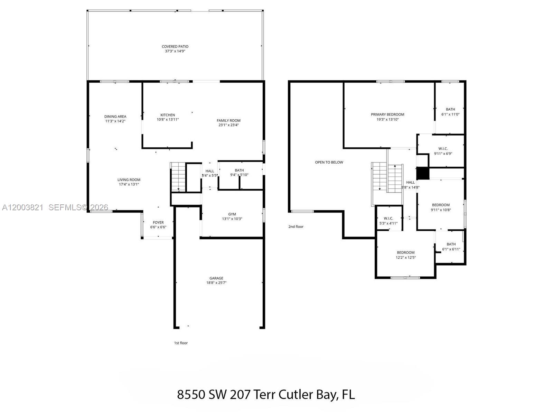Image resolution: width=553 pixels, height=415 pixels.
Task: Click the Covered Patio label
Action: point(175,46)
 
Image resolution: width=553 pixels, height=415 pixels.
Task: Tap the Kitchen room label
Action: point(168,115)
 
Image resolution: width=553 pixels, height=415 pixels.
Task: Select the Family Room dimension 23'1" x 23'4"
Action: point(228,125)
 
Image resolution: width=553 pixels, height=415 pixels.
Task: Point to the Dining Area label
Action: point(115,117)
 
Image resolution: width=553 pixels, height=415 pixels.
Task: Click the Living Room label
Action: point(129,180)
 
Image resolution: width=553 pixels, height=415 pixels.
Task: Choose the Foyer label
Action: point(158,223)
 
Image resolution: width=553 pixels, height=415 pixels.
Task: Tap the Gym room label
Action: point(232,214)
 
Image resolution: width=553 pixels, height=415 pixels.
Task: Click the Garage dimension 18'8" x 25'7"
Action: point(216,283)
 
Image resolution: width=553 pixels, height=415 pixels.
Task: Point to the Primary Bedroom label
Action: point(387,114)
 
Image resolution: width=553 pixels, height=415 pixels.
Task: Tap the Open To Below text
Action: point(329,162)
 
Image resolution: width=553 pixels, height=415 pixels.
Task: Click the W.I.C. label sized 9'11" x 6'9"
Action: point(443,149)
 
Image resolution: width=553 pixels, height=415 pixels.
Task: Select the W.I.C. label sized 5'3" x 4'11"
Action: point(388,219)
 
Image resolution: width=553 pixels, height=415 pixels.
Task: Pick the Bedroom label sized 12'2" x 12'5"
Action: point(405,252)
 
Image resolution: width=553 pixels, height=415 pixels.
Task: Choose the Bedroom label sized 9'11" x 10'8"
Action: point(441,205)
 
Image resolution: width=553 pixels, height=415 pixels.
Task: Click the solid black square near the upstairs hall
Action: point(423,173)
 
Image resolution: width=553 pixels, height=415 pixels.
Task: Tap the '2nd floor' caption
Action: point(296,227)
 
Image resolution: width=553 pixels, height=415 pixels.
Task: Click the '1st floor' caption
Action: point(181,343)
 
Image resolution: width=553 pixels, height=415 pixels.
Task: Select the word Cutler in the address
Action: point(296,395)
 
